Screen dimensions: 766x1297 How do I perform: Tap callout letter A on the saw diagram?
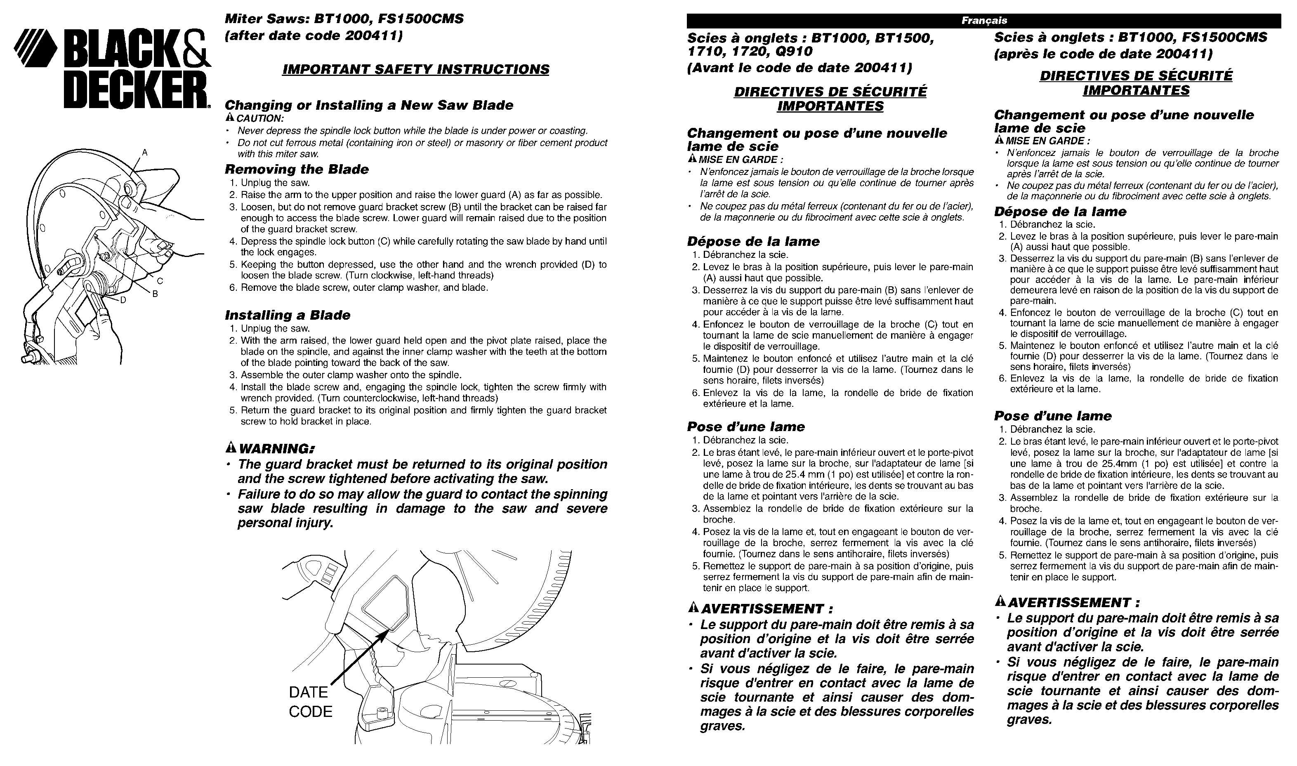tap(145, 152)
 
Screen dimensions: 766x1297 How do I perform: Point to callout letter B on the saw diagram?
tap(154, 294)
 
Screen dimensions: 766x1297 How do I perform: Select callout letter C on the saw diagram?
tap(160, 281)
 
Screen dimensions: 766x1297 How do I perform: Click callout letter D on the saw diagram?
tap(123, 301)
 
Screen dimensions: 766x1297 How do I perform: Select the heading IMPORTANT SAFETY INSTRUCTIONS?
tap(415, 69)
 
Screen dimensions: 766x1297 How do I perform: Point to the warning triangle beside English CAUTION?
tap(230, 118)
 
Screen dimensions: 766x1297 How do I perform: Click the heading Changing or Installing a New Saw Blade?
tap(369, 105)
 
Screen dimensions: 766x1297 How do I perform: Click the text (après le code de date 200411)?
tap(1103, 54)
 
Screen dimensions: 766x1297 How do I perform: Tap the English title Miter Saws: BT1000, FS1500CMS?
tap(344, 19)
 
